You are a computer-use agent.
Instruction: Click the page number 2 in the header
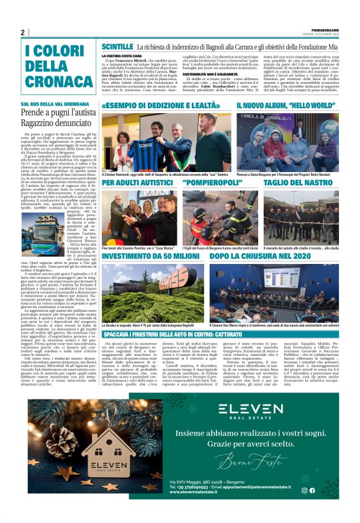pos(22,32)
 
